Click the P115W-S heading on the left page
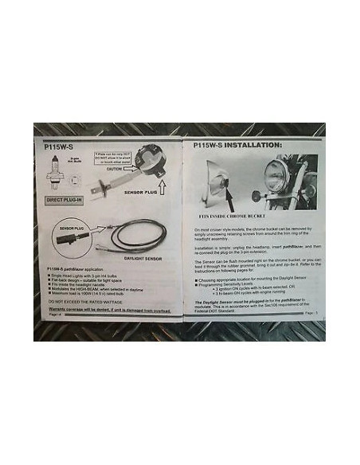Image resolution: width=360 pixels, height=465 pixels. (x=59, y=146)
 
